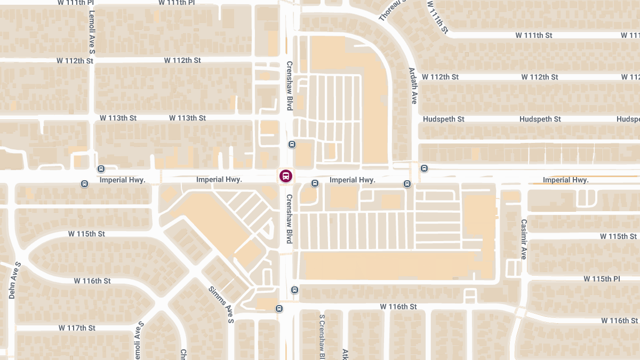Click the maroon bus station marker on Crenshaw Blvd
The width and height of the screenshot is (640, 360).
pyautogui.click(x=285, y=175)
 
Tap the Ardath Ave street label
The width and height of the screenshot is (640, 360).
pyautogui.click(x=413, y=85)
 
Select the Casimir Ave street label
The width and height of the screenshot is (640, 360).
pyautogui.click(x=524, y=239)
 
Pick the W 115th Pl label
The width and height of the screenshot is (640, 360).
pyautogui.click(x=602, y=279)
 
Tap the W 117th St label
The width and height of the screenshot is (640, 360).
pyautogui.click(x=77, y=327)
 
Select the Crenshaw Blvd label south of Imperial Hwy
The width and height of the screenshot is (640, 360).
pyautogui.click(x=290, y=219)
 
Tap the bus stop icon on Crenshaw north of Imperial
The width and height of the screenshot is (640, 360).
pyautogui.click(x=292, y=145)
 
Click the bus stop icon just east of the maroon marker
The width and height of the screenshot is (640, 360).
pyautogui.click(x=315, y=183)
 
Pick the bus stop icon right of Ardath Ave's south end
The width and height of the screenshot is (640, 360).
pyautogui.click(x=424, y=169)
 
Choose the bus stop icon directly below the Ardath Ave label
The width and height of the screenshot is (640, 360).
pyautogui.click(x=407, y=184)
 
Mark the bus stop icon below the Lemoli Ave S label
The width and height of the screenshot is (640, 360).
pyautogui.click(x=101, y=169)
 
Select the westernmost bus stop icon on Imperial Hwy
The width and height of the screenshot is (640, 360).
pyautogui.click(x=84, y=184)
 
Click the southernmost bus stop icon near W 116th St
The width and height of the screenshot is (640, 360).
pyautogui.click(x=278, y=308)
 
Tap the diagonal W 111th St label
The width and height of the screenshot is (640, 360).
pyautogui.click(x=437, y=18)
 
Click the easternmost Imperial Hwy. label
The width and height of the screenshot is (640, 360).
pyautogui.click(x=565, y=180)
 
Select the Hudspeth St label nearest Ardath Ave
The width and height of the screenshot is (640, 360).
pyautogui.click(x=443, y=119)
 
